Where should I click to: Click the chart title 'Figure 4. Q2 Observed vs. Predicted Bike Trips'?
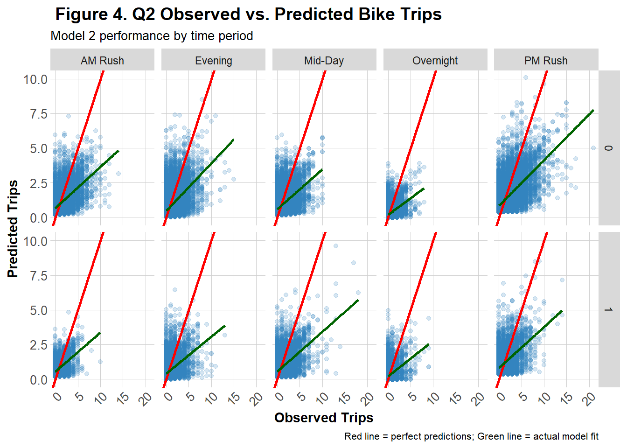[x=248, y=14]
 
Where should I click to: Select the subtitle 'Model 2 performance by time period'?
[x=152, y=36]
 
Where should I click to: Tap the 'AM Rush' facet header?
[x=102, y=61]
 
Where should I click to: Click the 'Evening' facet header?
[x=213, y=61]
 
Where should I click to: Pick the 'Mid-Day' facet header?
[x=324, y=61]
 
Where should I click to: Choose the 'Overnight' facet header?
[x=435, y=61]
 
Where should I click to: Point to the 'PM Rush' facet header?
[x=546, y=61]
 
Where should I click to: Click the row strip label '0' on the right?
[x=608, y=148]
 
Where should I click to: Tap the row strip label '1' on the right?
[x=608, y=310]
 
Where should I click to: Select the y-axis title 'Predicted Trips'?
[x=13, y=229]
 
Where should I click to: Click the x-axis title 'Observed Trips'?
[x=324, y=418]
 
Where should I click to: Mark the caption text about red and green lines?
[x=471, y=436]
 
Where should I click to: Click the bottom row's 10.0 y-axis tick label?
[x=36, y=241]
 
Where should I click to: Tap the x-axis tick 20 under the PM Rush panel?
[x=590, y=398]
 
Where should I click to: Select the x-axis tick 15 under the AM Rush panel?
[x=123, y=398]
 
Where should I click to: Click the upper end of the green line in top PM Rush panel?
[x=592, y=111]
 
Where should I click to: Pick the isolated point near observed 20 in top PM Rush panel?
[x=593, y=148]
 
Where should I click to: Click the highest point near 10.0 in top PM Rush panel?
[x=526, y=77]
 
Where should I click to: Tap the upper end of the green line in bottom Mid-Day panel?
[x=358, y=300]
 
